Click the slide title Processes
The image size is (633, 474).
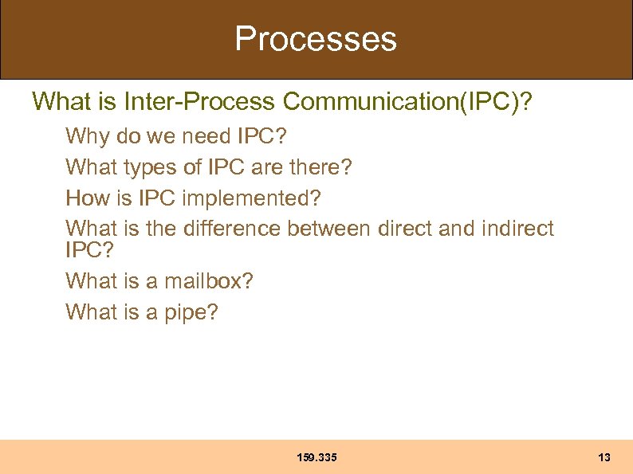316,38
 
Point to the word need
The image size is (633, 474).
206,136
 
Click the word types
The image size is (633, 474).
147,167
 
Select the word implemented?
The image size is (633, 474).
254,198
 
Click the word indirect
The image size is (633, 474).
517,229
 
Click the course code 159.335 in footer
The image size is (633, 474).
316,457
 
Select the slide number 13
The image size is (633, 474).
604,457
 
